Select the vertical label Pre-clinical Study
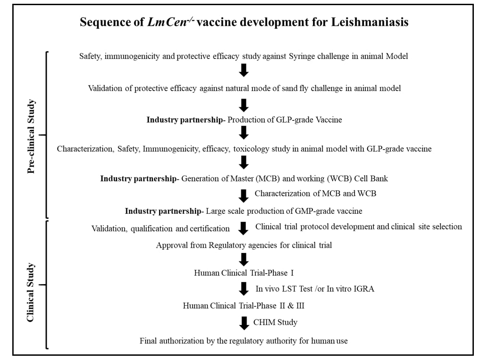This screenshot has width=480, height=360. pos(32,136)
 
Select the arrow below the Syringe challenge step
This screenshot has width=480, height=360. pos(244,71)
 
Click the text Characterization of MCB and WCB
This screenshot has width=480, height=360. pos(315,193)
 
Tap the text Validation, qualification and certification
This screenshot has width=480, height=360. pos(160,229)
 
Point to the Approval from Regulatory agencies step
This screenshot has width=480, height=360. pos(244,245)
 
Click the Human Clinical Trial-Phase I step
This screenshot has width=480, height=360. pos(244,273)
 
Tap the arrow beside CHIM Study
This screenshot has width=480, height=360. pos(244,323)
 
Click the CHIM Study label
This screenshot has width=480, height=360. pos(276,323)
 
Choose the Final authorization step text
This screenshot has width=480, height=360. pos(244,341)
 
